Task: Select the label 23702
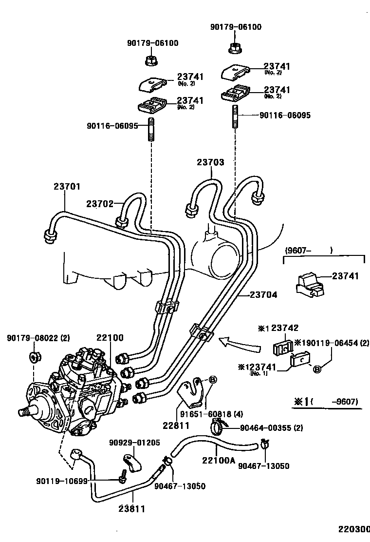coord(100,203)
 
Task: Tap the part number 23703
coord(210,162)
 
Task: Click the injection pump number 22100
coord(110,338)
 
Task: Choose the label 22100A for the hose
coord(219,460)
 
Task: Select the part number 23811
coord(131,508)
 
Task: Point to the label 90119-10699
coord(61,481)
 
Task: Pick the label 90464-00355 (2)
coord(272,428)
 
